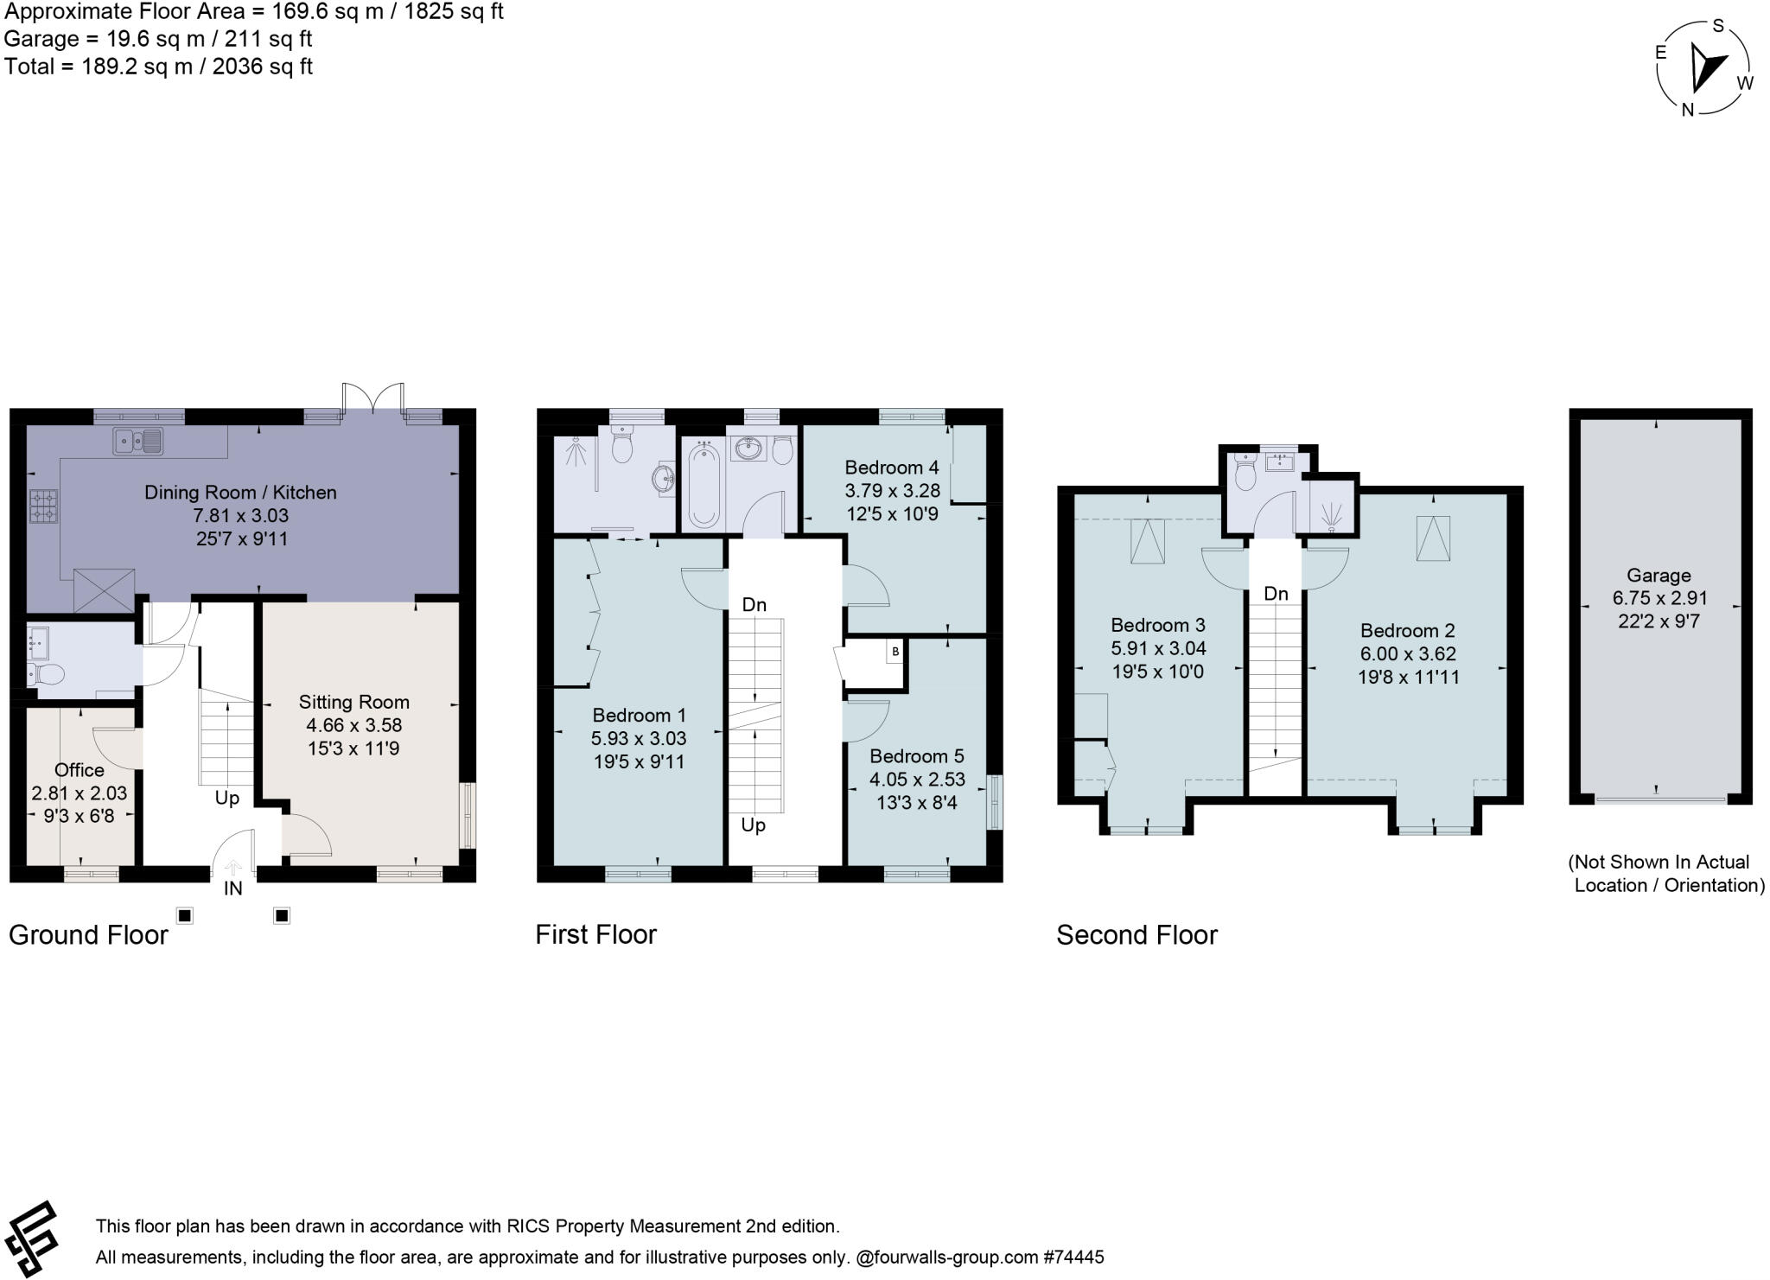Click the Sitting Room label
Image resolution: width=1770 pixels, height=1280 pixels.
(353, 702)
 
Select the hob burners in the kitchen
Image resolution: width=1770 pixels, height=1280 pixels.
(44, 506)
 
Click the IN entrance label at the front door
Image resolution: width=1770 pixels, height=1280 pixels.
(232, 888)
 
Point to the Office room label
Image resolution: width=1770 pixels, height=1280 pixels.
(79, 770)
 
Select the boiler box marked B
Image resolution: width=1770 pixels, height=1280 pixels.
(895, 651)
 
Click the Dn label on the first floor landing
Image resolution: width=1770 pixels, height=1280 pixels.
(754, 604)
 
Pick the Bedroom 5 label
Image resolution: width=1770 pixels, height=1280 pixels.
(916, 756)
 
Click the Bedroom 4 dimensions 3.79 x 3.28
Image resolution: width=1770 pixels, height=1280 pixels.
(892, 491)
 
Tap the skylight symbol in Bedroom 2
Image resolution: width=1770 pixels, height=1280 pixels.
(1432, 538)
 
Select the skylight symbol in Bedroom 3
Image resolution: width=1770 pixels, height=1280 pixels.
(1148, 541)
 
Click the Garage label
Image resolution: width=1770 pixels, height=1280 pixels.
(1658, 575)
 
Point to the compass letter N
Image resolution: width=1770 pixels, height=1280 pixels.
(1686, 111)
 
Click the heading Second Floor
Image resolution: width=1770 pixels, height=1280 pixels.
(1136, 934)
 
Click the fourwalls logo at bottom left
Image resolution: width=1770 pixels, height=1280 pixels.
(33, 1239)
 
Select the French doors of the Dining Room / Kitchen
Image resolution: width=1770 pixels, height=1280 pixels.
(372, 400)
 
